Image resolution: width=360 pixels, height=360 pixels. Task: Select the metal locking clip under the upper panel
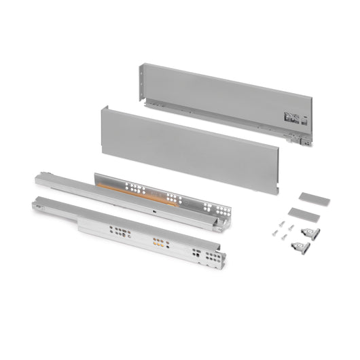click(298, 139)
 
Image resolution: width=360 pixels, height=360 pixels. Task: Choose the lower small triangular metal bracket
click(298, 244)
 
